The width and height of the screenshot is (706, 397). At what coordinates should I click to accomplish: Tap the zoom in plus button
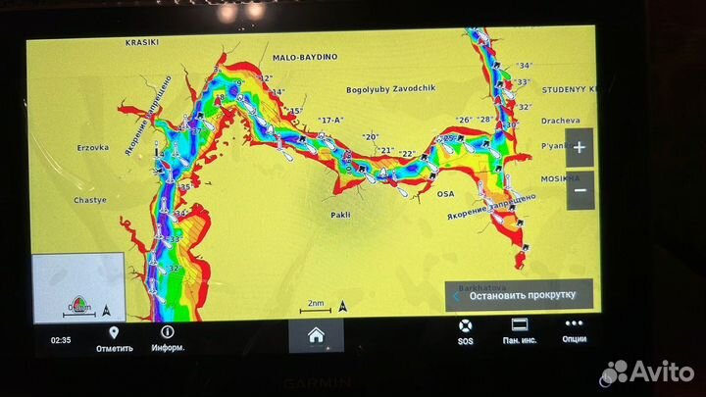coord(580,149)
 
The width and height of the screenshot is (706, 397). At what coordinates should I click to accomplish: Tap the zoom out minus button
coord(580,188)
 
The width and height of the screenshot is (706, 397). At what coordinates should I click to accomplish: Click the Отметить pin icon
coord(114,333)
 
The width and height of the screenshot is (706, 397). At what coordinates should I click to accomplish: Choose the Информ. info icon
coord(167,333)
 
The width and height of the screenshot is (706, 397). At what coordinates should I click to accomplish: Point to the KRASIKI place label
coord(141,43)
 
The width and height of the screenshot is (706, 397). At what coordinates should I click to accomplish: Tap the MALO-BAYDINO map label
coord(304,57)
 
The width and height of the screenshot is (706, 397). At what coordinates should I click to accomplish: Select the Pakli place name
coord(339,214)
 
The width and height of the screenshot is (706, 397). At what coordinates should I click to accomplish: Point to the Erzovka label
coord(93,148)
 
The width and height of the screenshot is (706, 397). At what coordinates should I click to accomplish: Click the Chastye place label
coord(90,199)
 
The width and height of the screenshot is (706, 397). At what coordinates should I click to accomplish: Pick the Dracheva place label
coord(560,121)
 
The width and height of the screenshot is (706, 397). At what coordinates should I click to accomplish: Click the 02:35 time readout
coord(60,340)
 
